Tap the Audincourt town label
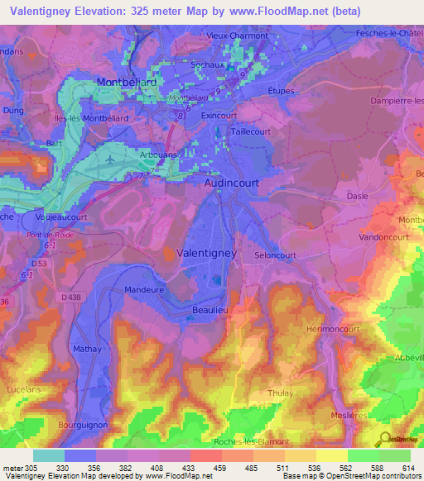[234, 186]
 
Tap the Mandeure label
[144, 290]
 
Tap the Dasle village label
[358, 196]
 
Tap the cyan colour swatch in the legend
[49, 455]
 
